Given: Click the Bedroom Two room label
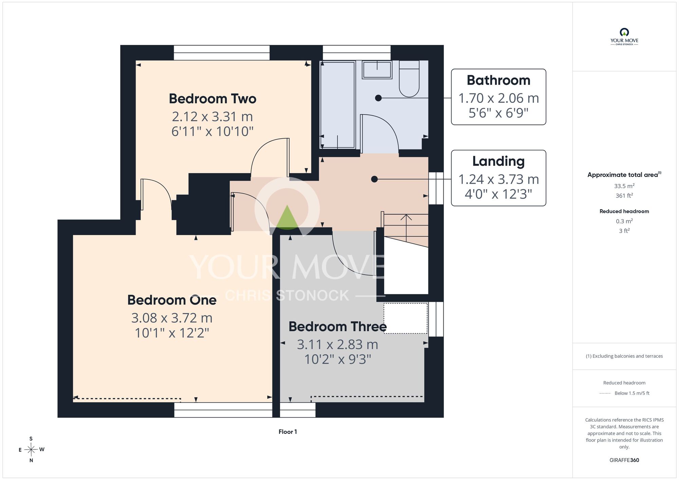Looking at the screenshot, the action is click(213, 99).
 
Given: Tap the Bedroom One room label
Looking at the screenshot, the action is click(172, 300).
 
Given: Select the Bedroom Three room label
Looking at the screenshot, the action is click(337, 327).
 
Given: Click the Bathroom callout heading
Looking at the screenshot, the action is click(498, 80).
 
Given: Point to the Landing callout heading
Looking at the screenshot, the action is click(498, 161).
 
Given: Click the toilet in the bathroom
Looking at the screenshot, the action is click(409, 79).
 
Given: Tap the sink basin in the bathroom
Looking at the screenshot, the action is click(377, 70).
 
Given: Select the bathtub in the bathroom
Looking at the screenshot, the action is click(338, 105).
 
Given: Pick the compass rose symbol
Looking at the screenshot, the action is click(31, 450).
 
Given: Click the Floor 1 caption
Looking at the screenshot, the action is click(288, 432).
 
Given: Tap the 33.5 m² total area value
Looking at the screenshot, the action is click(624, 186).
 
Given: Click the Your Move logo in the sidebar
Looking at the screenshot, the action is click(624, 37).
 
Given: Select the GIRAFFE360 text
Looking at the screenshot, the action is click(624, 460).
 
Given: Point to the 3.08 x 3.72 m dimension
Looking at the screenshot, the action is click(172, 318).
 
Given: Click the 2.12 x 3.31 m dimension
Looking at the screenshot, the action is click(213, 117).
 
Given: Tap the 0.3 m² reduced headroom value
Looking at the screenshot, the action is click(624, 221).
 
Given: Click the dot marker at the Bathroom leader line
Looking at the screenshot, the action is click(378, 98).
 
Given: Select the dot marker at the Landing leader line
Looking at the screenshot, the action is click(374, 179).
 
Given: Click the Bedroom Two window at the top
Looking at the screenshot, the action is click(222, 53).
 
